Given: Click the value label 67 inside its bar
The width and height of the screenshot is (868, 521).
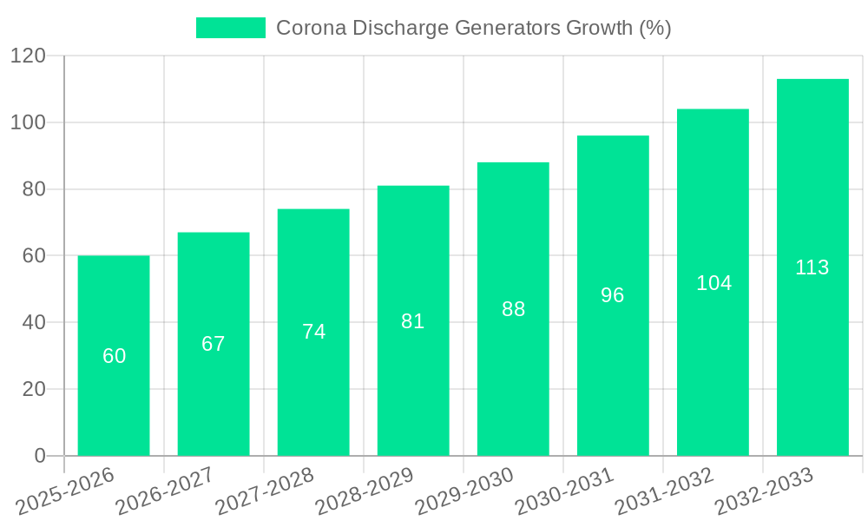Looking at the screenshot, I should coord(214,344).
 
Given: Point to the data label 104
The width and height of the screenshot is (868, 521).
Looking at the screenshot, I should coord(713,283).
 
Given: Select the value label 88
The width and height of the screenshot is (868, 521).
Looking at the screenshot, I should coord(514,309).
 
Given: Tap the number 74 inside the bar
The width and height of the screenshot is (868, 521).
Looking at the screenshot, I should coord(313,332).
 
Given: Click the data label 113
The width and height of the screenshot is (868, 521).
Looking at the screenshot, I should coord(812,267).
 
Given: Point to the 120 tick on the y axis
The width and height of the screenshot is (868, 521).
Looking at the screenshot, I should coord(28,56).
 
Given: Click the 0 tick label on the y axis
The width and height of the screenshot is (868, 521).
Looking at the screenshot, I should coord(40,456).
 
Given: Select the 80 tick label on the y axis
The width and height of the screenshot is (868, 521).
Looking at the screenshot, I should coord(34,189).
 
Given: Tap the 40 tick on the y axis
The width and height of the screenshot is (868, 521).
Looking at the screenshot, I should coord(34,322).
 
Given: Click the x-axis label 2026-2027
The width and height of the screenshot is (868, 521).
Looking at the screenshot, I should coord(166,491).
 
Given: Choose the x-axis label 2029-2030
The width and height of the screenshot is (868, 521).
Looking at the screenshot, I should coord(465,491).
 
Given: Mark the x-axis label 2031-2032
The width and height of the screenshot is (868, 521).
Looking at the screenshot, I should coord(665,491).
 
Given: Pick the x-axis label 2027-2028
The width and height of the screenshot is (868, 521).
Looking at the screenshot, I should coord(266,491).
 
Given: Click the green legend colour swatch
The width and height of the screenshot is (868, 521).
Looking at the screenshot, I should coord(230,28).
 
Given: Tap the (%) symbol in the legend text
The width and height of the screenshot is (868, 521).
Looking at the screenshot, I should coord(655,28).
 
